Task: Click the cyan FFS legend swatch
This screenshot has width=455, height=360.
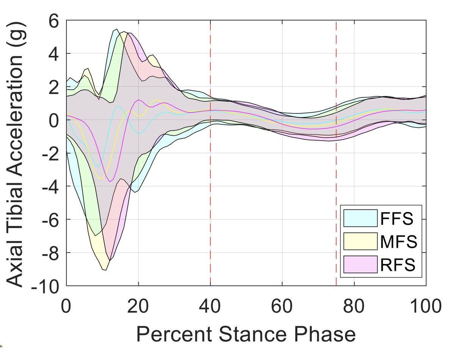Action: [361, 219]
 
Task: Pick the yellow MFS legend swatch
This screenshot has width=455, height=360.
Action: [361, 242]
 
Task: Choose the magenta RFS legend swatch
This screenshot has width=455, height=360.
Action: [361, 264]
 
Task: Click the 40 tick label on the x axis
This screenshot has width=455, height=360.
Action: [210, 305]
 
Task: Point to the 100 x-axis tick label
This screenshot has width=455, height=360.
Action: [425, 305]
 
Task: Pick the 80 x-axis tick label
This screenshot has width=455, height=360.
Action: [354, 305]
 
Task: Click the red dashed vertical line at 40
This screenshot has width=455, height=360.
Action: [210, 190]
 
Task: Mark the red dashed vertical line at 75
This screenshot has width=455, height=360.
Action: [336, 190]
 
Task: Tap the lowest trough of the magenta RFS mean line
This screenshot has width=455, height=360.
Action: [110, 182]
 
